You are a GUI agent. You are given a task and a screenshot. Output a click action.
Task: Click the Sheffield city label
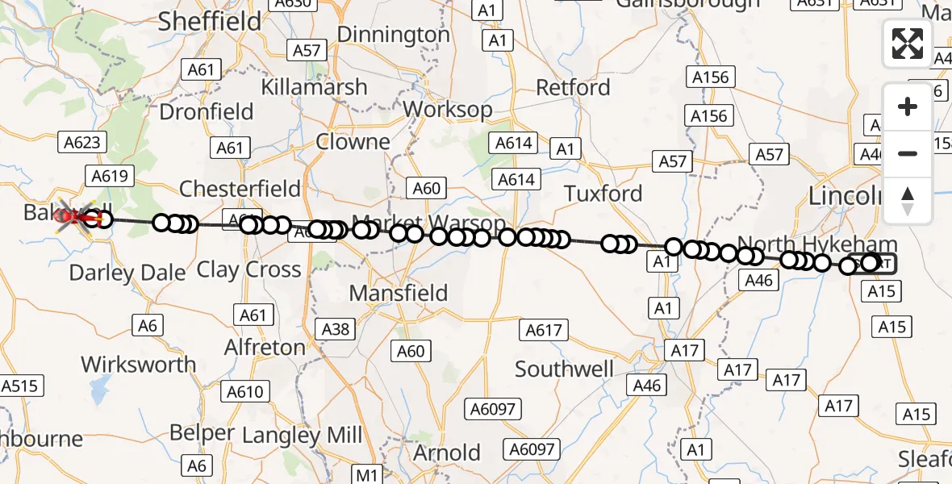(x=210, y=22)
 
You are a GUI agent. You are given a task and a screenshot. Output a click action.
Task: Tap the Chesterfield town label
(x=240, y=189)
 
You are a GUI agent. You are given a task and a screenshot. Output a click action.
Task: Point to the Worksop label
(x=448, y=109)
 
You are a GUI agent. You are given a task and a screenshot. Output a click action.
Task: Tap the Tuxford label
(x=603, y=194)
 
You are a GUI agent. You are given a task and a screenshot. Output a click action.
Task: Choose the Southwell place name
(x=564, y=369)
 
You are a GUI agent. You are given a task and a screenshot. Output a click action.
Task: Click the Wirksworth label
(x=139, y=365)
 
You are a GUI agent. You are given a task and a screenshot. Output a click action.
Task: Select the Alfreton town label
(x=265, y=348)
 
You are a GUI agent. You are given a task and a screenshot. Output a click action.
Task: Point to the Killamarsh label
(x=314, y=87)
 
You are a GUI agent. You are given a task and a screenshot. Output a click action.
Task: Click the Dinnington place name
(x=393, y=35)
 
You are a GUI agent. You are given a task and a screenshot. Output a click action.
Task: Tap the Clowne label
(x=353, y=142)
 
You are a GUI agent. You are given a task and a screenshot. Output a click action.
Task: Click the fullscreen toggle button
(x=908, y=44)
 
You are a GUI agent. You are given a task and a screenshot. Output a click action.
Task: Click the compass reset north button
(x=908, y=201)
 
